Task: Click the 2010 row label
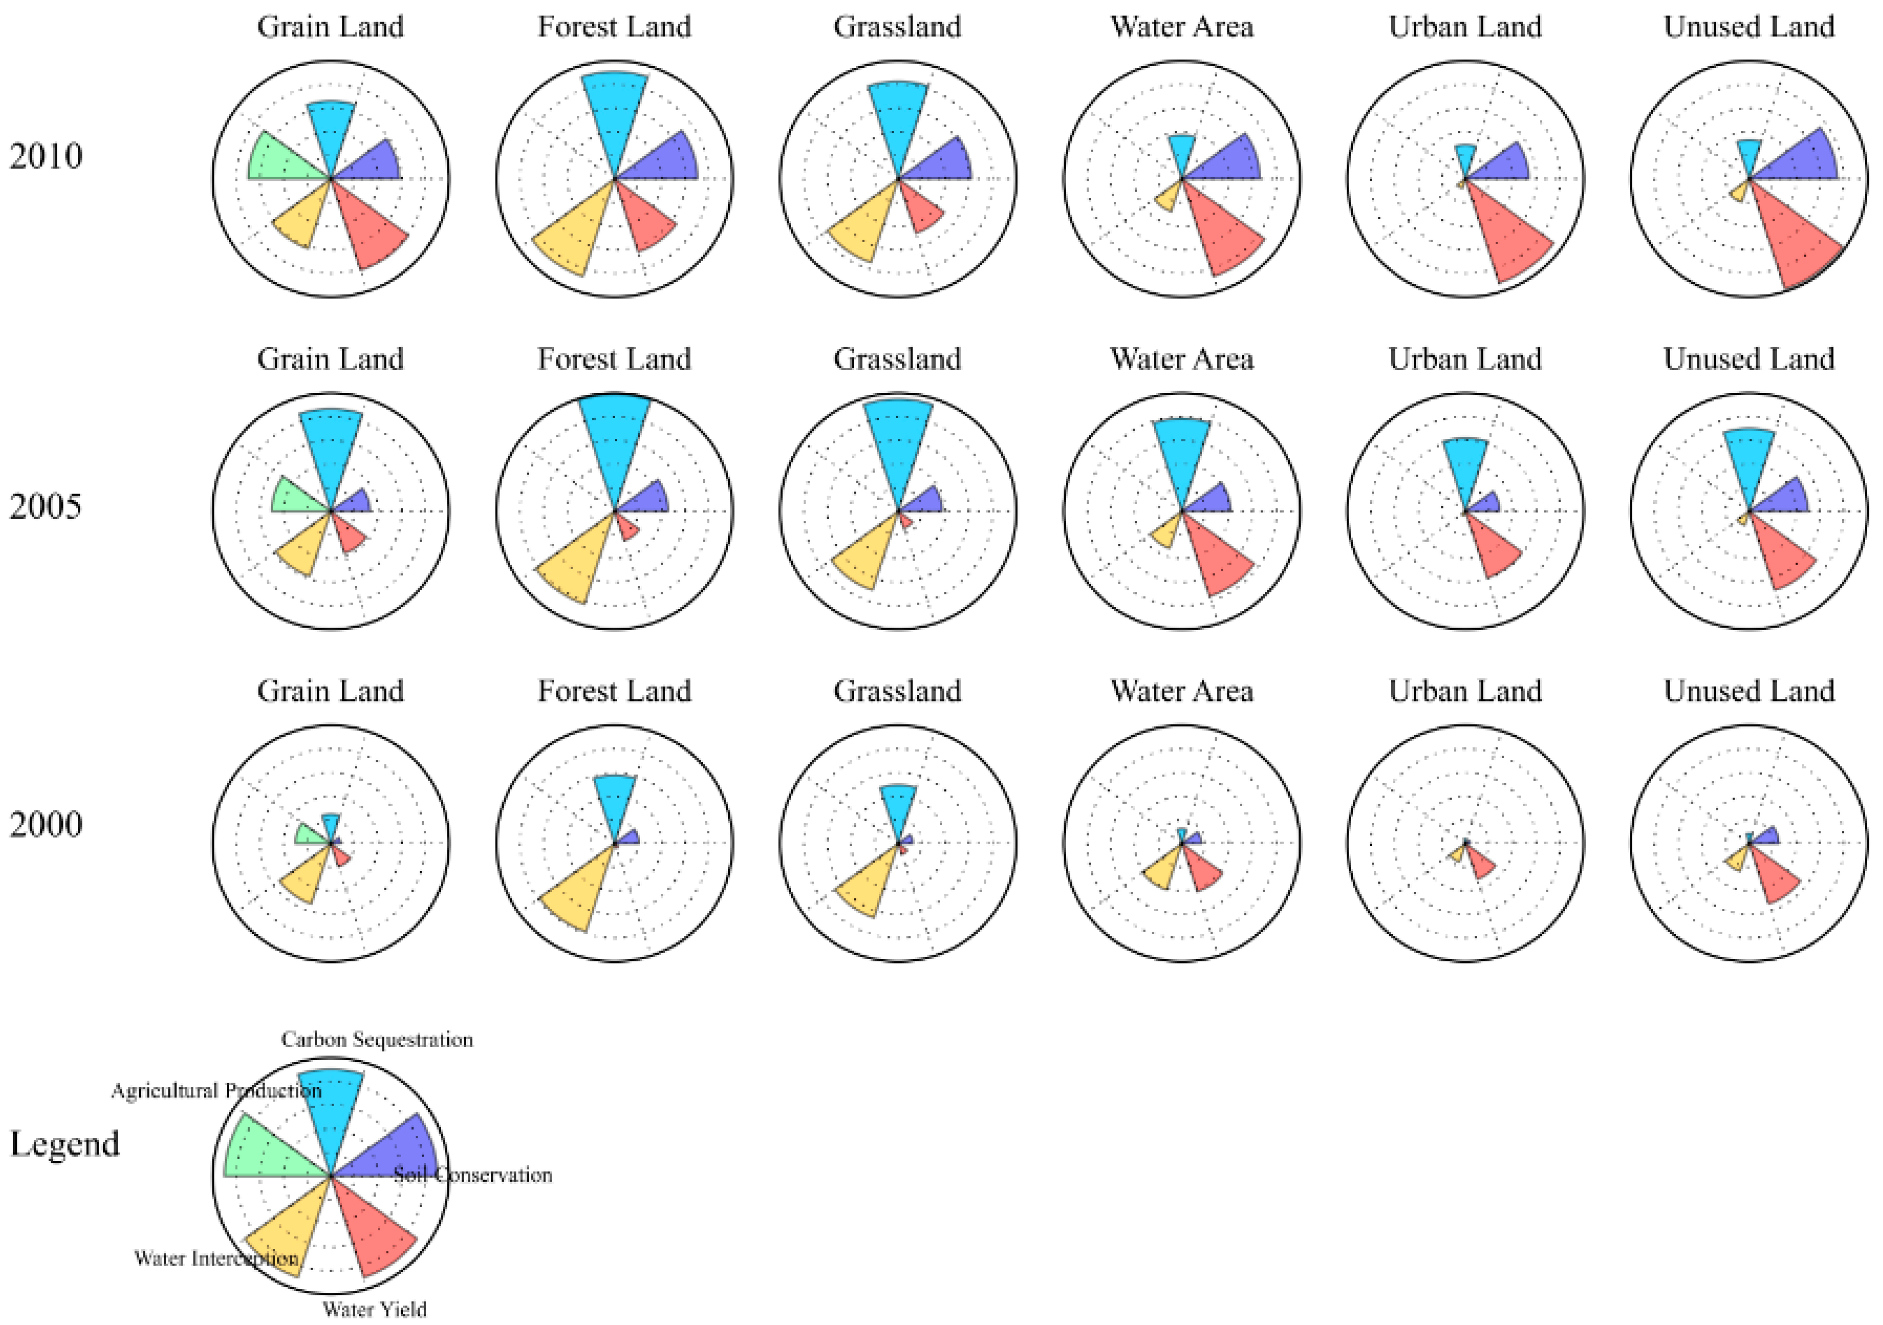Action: tap(46, 156)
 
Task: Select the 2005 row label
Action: tap(46, 507)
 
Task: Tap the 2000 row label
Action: tap(46, 824)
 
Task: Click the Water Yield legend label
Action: tap(375, 1308)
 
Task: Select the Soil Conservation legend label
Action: tap(473, 1175)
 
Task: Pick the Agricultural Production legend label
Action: tap(216, 1090)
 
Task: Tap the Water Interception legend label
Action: tap(216, 1258)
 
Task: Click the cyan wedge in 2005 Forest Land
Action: tap(615, 443)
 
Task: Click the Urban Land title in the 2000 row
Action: tap(1465, 691)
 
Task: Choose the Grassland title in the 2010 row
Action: tap(897, 27)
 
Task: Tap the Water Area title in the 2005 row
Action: tap(1182, 359)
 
